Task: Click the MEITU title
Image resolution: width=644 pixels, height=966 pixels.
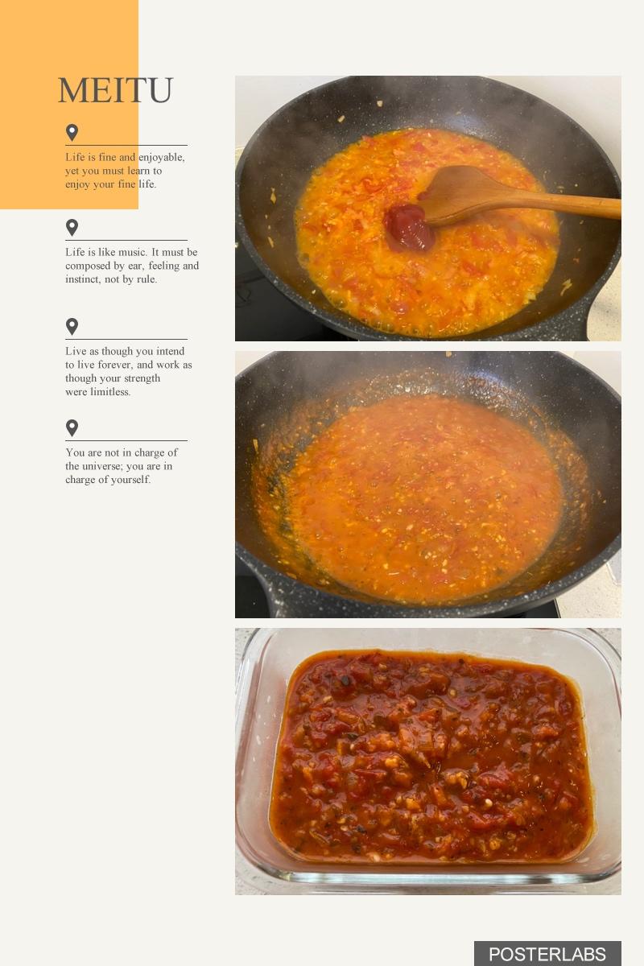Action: [x=116, y=90]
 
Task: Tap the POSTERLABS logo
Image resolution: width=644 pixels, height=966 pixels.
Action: [x=547, y=955]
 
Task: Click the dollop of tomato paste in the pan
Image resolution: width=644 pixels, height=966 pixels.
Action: [x=409, y=227]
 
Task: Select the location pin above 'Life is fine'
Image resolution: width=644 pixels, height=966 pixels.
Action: [x=72, y=132]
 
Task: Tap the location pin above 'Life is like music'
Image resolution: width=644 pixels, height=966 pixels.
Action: [x=72, y=227]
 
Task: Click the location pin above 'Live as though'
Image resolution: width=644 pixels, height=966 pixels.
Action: [x=72, y=327]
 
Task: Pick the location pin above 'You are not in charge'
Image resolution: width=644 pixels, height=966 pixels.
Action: [x=72, y=427]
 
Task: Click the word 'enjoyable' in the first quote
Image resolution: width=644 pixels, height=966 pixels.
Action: [x=161, y=158]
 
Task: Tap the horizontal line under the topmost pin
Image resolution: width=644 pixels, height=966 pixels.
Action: [x=126, y=146]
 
